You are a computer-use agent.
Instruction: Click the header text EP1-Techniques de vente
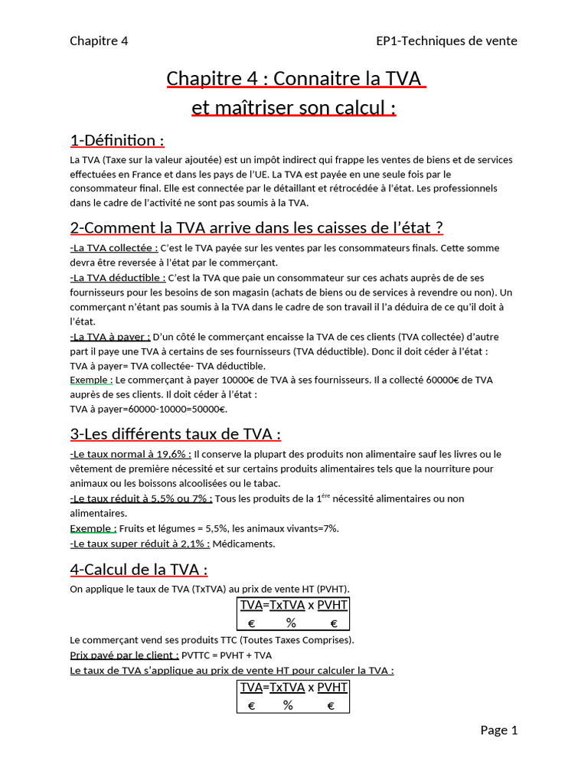pos(446,41)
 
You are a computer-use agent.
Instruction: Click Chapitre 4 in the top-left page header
pos(99,41)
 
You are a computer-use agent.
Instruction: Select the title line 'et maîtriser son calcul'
pos(294,108)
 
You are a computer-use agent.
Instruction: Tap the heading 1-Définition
pos(116,141)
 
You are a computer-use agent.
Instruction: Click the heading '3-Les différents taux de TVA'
pos(175,434)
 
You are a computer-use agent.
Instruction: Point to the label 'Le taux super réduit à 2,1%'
pos(139,544)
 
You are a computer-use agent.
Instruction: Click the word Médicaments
pos(243,544)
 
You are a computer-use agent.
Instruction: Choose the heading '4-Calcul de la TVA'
pos(139,570)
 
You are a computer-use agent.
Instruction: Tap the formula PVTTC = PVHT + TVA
pos(227,655)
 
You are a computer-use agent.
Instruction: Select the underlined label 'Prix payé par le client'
pos(124,655)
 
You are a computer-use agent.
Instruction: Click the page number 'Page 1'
pos(499,730)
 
